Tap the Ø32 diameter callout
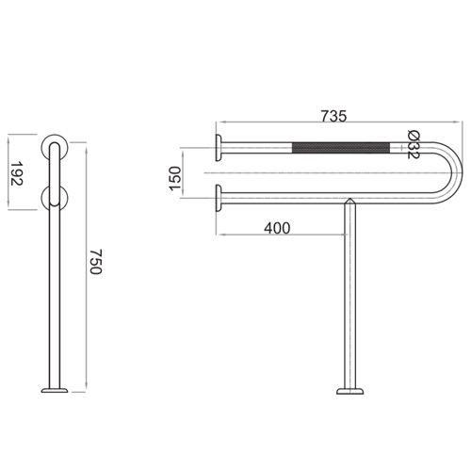[x=414, y=143]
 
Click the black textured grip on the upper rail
[x=342, y=146]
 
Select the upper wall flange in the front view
[x=219, y=146]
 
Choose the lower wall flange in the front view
[x=219, y=198]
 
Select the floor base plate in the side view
[x=54, y=389]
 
